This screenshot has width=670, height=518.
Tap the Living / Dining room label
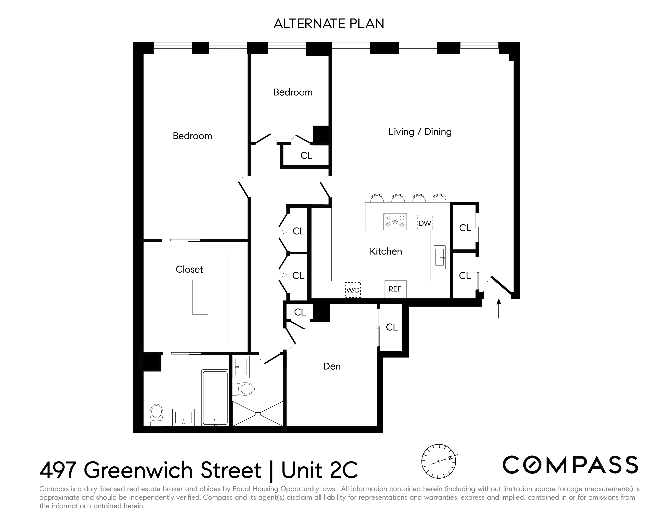420,132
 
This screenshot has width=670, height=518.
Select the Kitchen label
386,251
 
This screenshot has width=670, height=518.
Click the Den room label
332,366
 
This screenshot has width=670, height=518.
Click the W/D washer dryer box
353,290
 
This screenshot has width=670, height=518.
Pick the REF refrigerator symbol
395,289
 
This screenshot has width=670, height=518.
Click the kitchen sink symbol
440,257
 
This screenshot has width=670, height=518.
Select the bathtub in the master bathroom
215,398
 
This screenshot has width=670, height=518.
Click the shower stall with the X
258,413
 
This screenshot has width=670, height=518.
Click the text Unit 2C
320,470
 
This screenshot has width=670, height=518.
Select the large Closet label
189,269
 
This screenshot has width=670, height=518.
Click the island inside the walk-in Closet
200,297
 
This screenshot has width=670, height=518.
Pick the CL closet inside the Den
392,327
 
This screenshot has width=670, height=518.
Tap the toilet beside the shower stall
244,389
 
